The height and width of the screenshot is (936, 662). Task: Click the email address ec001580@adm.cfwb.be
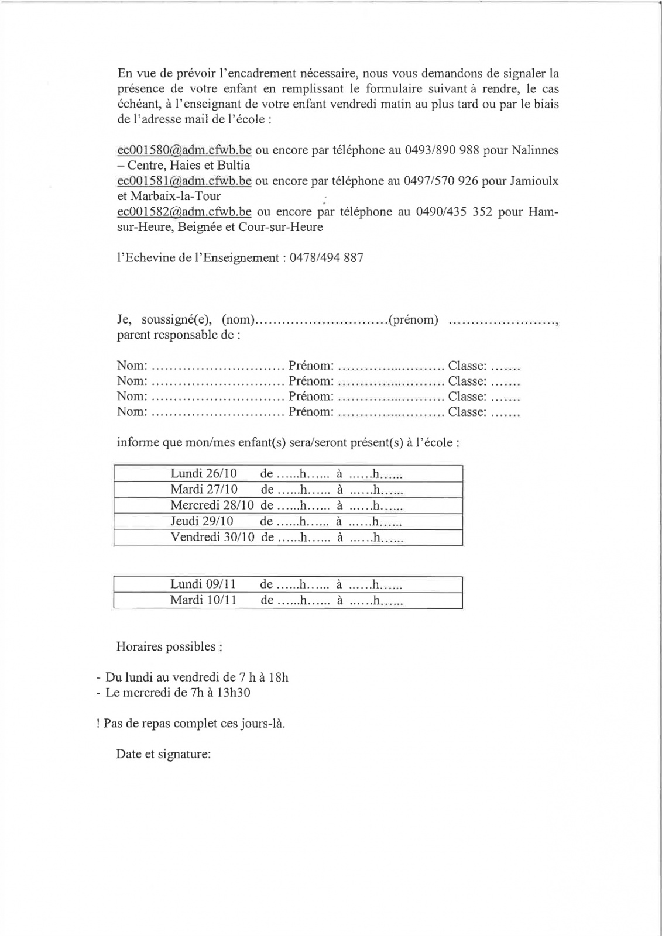click(x=184, y=150)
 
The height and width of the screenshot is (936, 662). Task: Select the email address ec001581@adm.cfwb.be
click(x=184, y=181)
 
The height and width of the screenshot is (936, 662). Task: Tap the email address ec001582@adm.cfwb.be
click(x=184, y=212)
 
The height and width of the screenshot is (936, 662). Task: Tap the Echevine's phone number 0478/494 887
click(x=326, y=258)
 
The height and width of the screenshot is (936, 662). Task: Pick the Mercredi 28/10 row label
click(x=212, y=505)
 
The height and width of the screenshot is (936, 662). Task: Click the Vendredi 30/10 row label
click(x=212, y=537)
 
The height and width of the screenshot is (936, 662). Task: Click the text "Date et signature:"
click(x=163, y=755)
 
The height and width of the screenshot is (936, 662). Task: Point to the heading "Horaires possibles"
click(x=169, y=647)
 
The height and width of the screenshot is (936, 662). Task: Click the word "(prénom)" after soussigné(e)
click(x=414, y=320)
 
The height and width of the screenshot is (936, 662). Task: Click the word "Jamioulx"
click(x=534, y=181)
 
